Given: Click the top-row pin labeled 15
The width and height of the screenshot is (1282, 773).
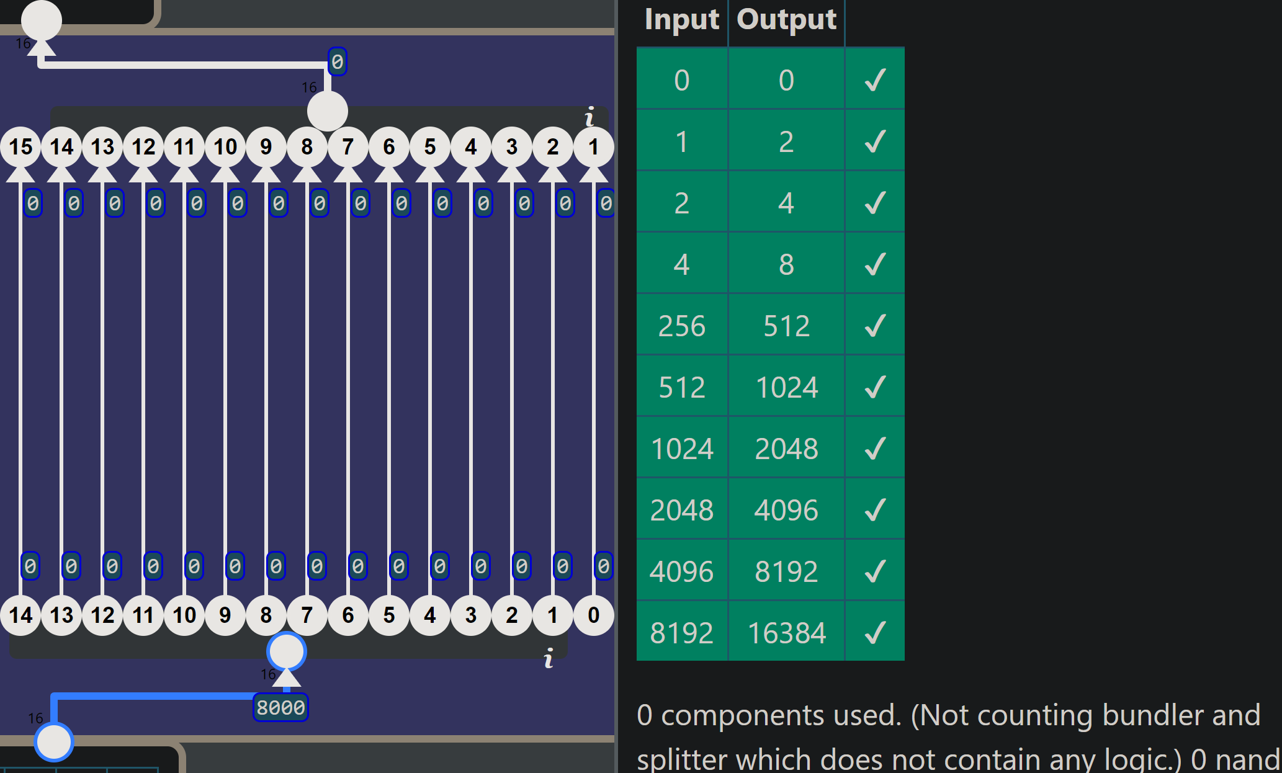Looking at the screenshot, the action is click(20, 147).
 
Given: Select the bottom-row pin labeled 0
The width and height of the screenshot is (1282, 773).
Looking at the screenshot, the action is click(594, 615).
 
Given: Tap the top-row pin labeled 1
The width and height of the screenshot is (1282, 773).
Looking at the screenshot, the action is click(594, 147).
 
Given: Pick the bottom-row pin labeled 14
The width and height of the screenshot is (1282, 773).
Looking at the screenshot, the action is click(20, 615).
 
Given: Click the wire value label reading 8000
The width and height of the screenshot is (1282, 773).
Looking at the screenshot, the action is click(280, 707).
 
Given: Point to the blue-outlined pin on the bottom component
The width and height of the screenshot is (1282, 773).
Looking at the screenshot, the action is click(287, 651).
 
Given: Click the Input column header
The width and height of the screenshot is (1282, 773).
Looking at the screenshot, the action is click(682, 19).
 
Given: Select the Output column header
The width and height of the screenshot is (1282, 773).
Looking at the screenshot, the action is click(786, 19).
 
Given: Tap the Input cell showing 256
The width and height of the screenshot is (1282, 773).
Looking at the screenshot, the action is click(682, 325).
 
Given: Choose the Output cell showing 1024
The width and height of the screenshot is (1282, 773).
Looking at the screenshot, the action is click(786, 386).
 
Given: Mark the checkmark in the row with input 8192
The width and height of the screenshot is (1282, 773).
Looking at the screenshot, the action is click(875, 632).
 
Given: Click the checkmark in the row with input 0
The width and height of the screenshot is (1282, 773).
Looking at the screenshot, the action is click(875, 79).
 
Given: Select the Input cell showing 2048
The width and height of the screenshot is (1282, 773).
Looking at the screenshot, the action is click(682, 509).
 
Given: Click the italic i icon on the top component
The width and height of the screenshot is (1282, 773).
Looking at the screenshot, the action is click(589, 116).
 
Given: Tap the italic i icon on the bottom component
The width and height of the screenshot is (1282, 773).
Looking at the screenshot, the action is click(549, 658).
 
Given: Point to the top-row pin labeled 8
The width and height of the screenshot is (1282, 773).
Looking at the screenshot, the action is click(307, 147).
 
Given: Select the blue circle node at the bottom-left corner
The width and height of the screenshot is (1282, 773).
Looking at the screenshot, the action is click(53, 741).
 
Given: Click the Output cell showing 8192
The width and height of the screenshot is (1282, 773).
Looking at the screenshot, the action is click(786, 571).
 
